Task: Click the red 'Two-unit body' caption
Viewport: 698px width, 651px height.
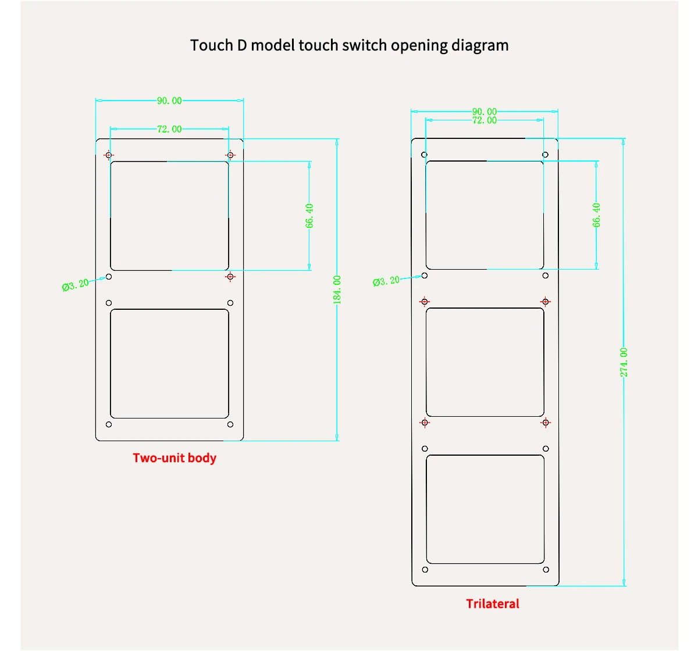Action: [x=174, y=458]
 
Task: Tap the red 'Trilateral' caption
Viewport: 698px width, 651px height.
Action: [x=493, y=604]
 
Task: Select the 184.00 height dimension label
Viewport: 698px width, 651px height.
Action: [x=337, y=289]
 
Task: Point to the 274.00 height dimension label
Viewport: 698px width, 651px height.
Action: [x=624, y=362]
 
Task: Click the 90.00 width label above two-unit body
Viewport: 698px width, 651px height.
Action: [x=169, y=101]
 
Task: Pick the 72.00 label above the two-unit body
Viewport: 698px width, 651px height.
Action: [x=169, y=129]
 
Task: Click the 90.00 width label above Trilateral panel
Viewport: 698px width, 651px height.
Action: [x=485, y=112]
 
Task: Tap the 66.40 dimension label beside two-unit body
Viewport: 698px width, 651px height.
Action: [x=309, y=216]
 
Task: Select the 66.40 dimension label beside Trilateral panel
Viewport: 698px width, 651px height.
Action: [x=597, y=214]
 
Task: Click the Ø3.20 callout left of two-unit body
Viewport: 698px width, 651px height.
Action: [x=76, y=285]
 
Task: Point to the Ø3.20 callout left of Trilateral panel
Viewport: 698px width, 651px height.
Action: [x=386, y=281]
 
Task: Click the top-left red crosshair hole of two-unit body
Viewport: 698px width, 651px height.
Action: [x=109, y=155]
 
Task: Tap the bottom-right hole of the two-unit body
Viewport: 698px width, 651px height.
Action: [x=230, y=425]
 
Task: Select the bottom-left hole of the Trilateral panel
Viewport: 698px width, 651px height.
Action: [x=425, y=570]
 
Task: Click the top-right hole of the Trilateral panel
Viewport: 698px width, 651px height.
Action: [x=546, y=155]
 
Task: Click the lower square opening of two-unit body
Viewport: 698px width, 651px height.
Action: [x=169, y=364]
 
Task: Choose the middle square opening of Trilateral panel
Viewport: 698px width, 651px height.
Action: [x=485, y=362]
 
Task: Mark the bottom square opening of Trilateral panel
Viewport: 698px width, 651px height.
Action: [x=485, y=509]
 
